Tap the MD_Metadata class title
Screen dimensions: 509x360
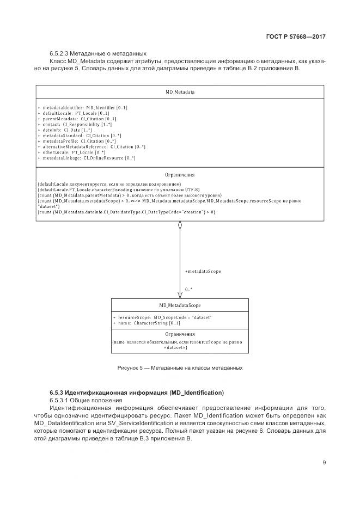click(180, 92)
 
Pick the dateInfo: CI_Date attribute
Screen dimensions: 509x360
click(65, 130)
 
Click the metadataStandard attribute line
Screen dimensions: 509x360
click(80, 136)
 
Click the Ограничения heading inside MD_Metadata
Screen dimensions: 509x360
click(180, 175)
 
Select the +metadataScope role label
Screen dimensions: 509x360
click(203, 271)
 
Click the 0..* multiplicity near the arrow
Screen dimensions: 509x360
click(188, 289)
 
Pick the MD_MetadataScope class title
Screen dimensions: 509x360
click(180, 305)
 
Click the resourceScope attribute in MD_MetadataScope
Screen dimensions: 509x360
click(162, 317)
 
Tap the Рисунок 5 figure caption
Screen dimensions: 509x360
click(180, 368)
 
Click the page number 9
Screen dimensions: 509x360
click(324, 463)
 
